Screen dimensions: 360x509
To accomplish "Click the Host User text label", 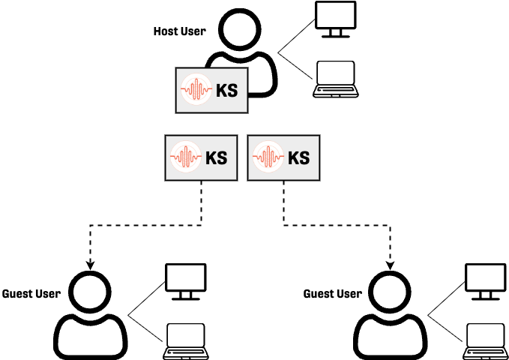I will click(179, 31).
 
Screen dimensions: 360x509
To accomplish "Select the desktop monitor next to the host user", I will click(334, 19).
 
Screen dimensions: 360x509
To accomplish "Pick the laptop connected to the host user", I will click(334, 79).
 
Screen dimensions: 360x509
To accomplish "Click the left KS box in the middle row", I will click(201, 158).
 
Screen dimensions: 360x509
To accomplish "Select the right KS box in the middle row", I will click(283, 158).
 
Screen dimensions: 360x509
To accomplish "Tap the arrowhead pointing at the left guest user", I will click(90, 265).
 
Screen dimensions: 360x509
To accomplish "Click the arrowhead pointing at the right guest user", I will click(390, 265).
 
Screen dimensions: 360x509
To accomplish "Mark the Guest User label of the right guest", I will click(332, 293).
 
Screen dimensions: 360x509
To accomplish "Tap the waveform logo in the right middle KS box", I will click(268, 157).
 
